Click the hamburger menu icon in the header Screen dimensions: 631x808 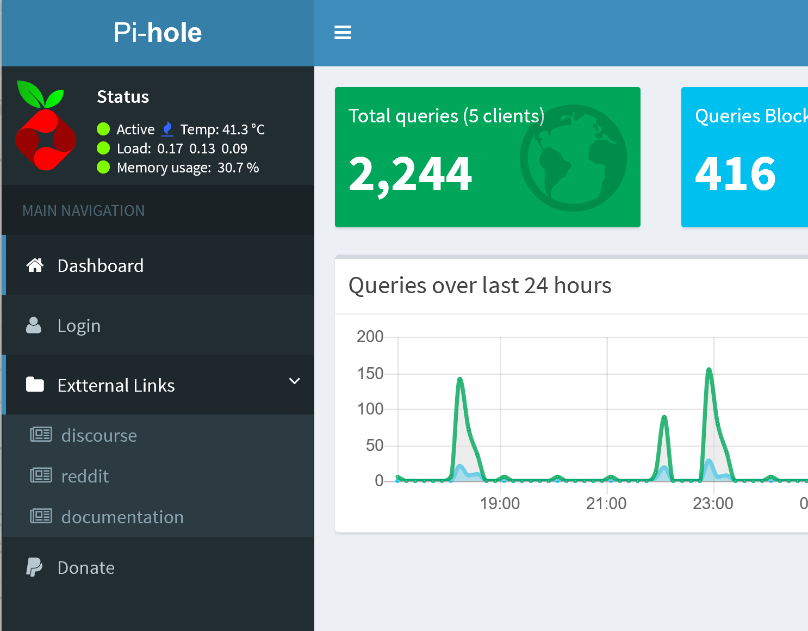343,33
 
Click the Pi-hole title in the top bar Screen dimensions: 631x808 158,33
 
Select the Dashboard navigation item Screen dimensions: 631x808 101,265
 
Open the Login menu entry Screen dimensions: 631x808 79,325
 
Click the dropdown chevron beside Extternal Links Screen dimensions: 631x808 294,381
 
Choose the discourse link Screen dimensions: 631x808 99,435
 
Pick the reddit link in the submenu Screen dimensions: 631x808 85,476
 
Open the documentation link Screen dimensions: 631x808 122,517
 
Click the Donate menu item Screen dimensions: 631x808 86,567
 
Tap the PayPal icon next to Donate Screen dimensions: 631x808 34,567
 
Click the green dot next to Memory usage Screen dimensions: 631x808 103,167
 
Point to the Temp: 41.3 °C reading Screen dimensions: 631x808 222,129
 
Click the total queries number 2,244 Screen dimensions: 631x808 410,174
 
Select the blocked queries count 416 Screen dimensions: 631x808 735,174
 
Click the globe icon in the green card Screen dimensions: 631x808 573,158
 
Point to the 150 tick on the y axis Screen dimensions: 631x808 370,374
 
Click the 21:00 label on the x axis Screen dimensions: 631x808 606,504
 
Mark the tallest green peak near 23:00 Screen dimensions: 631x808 709,370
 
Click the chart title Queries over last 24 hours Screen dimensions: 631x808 480,286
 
